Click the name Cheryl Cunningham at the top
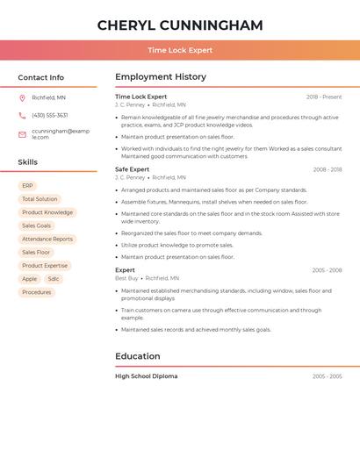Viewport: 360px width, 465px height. click(180, 25)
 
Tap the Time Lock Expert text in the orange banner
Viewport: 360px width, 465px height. click(180, 50)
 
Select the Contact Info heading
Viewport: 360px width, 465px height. click(41, 77)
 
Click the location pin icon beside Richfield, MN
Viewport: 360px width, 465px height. click(22, 97)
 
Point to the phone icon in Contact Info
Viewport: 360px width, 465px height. click(22, 115)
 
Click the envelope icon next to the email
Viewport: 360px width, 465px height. click(22, 134)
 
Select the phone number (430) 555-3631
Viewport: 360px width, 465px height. click(50, 115)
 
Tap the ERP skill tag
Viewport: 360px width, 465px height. click(27, 186)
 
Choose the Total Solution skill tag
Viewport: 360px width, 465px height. click(40, 199)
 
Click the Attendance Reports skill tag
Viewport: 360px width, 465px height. click(47, 239)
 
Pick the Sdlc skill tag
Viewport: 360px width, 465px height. click(54, 279)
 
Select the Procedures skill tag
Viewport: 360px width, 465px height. click(37, 292)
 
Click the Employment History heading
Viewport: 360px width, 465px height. click(161, 77)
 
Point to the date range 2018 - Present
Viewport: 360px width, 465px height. click(324, 97)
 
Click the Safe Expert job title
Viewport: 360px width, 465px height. click(133, 169)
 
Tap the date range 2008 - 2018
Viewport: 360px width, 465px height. click(327, 169)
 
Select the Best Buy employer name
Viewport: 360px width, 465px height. click(127, 278)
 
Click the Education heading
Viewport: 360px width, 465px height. click(138, 356)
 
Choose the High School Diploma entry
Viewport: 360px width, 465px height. click(147, 376)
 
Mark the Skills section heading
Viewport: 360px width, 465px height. click(28, 162)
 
